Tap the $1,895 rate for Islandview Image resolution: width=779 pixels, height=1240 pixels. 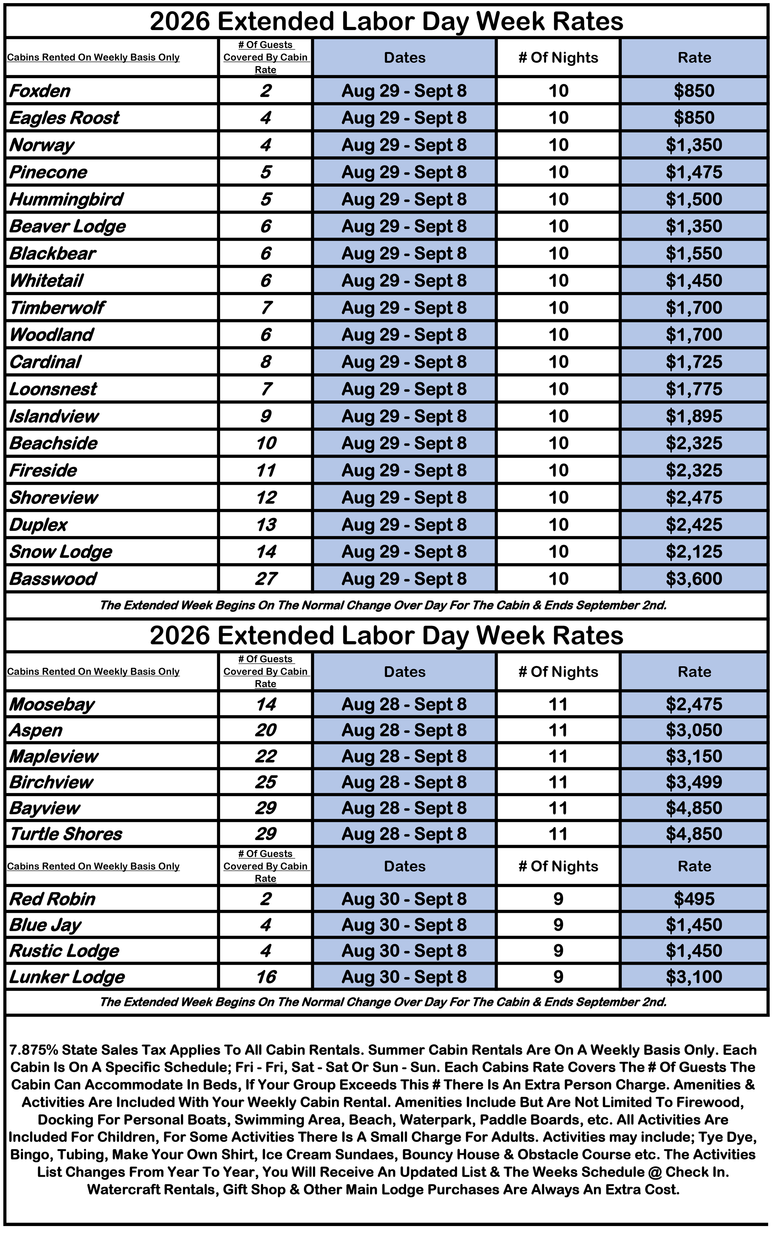(x=694, y=416)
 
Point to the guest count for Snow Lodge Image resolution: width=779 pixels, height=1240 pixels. (x=266, y=552)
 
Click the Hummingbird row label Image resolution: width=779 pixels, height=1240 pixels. (x=66, y=199)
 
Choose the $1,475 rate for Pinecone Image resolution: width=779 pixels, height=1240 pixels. (x=694, y=172)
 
